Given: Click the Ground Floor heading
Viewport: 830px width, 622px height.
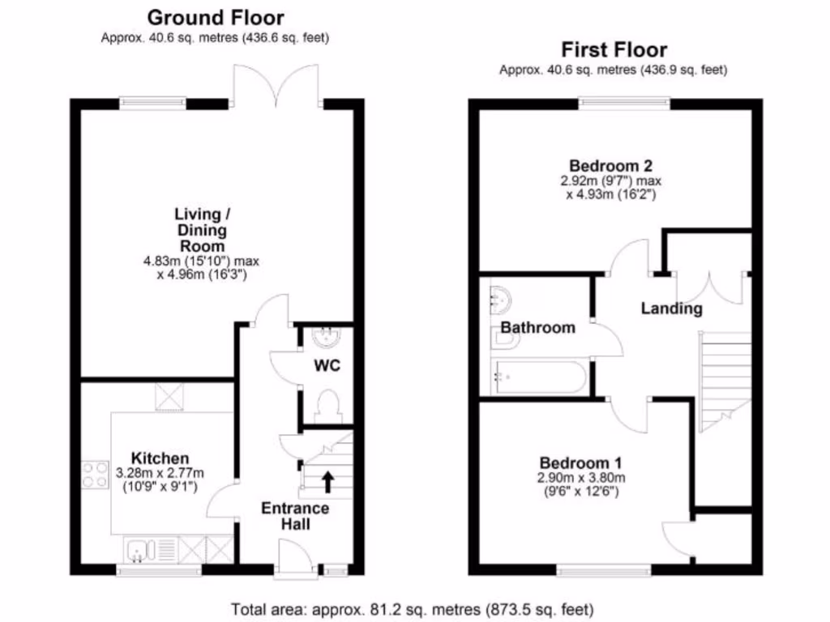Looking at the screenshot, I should (215, 17).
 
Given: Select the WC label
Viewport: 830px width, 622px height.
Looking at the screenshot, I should (327, 365).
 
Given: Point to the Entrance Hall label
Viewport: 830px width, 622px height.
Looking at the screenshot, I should (295, 516).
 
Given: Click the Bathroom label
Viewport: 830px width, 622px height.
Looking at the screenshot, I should (537, 328).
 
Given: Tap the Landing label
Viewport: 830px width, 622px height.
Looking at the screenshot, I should (672, 309).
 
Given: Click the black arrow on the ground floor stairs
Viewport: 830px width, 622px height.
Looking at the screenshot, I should (328, 482).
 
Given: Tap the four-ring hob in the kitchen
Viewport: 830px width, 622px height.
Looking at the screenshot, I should (95, 474).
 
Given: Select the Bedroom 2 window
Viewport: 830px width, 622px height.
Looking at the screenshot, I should (624, 102).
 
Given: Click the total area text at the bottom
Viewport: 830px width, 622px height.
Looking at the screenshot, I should (413, 608).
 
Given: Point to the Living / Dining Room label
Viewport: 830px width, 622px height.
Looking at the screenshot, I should (199, 230).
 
